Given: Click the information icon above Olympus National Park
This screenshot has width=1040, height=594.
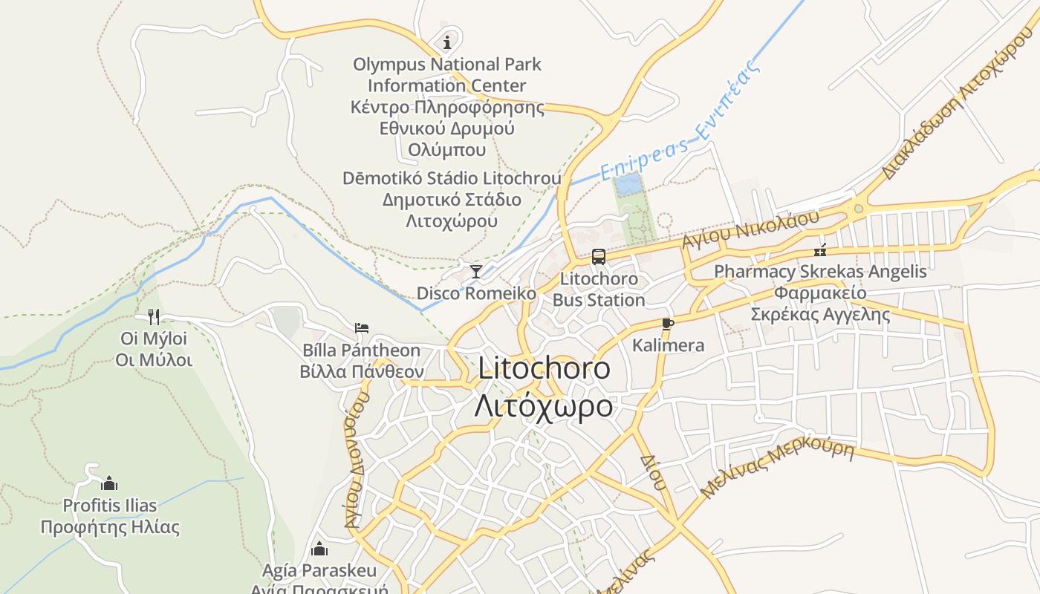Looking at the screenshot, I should [447, 42].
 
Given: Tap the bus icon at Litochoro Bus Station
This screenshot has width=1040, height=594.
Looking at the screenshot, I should [599, 257].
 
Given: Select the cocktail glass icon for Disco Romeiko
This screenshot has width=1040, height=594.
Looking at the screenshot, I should [476, 271].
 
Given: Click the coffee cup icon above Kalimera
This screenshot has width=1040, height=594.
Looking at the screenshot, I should [667, 323].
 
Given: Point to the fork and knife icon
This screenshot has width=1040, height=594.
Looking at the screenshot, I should [154, 317].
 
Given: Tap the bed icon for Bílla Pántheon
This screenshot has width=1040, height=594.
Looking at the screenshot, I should [362, 327].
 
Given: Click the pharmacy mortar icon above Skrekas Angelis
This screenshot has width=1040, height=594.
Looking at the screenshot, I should [820, 250].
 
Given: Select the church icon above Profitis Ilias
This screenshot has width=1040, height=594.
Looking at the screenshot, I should [109, 483].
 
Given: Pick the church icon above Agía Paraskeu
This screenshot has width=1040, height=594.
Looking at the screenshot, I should [319, 549].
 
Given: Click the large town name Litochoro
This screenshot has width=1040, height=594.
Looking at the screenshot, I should [544, 368].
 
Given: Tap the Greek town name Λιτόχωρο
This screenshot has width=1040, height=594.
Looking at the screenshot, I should [544, 406].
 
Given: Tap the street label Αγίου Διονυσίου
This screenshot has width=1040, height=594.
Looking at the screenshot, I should [357, 460].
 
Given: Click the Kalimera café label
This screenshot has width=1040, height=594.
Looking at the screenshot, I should [668, 345].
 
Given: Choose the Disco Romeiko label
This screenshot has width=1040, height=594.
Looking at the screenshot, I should [476, 293].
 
